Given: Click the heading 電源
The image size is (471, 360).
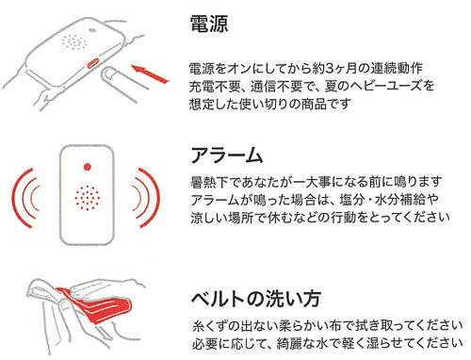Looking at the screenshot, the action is [209, 24].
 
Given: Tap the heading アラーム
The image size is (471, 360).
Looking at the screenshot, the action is [227, 155].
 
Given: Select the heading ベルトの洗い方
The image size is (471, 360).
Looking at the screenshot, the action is [256, 299].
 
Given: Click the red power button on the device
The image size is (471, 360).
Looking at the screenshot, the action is [93, 63].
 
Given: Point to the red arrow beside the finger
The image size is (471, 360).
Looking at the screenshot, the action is [150, 74].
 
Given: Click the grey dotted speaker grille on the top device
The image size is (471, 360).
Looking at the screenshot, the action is [74, 41].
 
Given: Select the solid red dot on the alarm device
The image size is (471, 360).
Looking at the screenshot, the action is [88, 167].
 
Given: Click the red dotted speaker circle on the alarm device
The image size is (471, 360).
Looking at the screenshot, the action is [88, 198].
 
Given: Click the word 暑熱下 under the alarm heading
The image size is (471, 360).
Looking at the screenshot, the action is [209, 182].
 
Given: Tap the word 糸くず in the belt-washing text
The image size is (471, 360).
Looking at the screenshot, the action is [210, 326].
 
